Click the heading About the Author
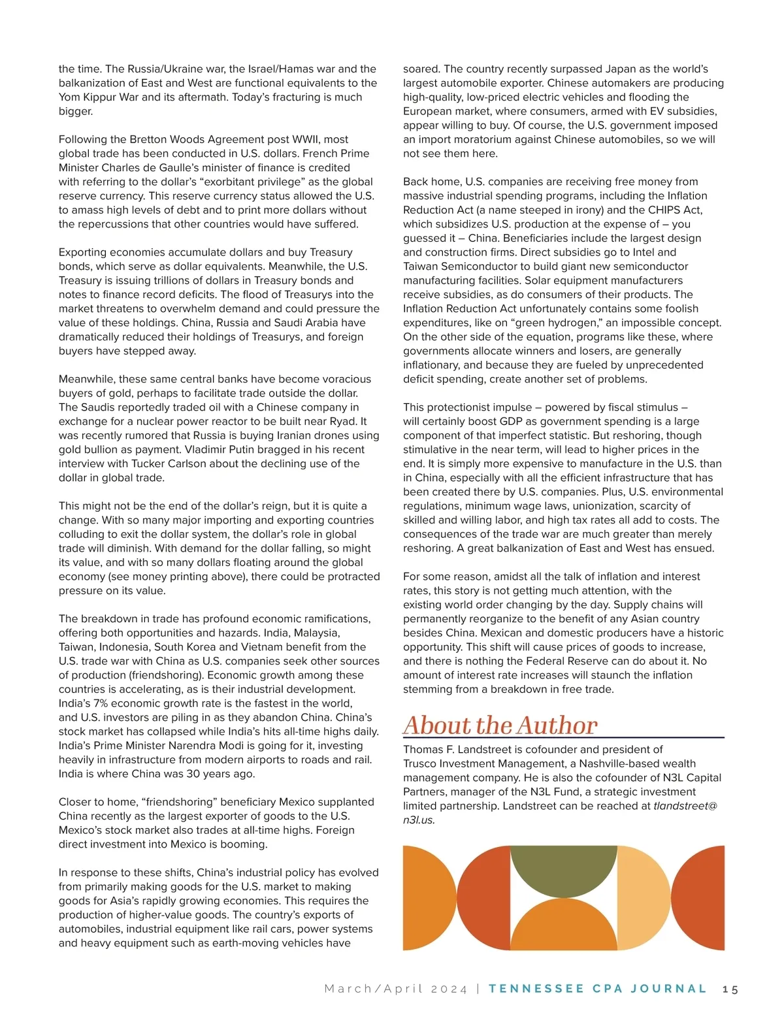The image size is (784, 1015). coord(500,725)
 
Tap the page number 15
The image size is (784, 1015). coord(730,990)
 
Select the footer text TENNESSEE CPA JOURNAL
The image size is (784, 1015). coord(597,989)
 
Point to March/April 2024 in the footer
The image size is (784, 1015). coord(396,990)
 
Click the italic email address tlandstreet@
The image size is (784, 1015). coord(685,806)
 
